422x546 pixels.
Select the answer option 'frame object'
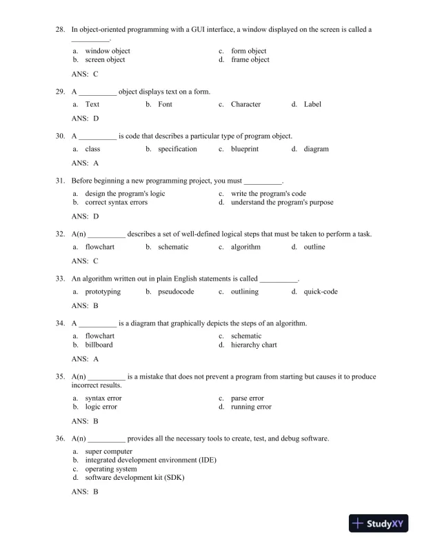tap(250, 60)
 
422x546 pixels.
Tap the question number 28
tap(60, 30)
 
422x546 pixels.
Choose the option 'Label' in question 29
tap(312, 105)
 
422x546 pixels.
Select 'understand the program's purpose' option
tap(282, 203)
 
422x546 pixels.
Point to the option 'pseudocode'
tap(176, 292)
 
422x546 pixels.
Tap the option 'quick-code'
tap(321, 292)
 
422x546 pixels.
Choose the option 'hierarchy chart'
tap(254, 345)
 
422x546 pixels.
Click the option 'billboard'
tap(99, 345)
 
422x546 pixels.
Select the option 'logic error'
tap(101, 407)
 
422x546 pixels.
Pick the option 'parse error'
tap(248, 398)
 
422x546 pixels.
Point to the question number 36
tap(60, 438)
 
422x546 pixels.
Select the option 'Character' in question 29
tap(245, 105)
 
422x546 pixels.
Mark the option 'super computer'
tap(108, 452)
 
